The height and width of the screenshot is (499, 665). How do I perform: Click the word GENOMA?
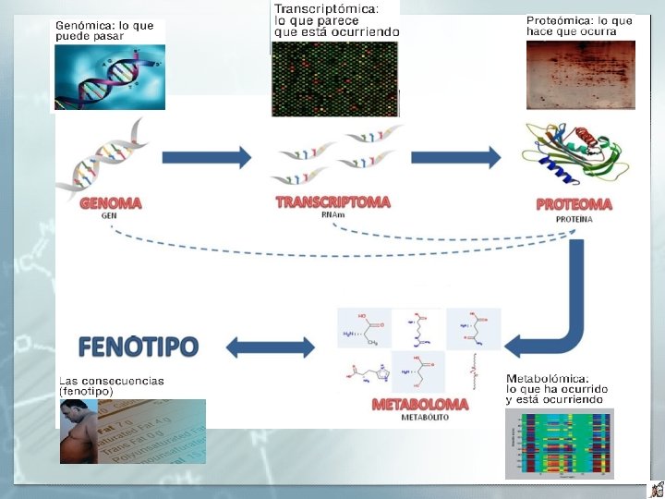click(x=110, y=203)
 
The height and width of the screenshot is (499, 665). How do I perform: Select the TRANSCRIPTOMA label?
click(x=332, y=201)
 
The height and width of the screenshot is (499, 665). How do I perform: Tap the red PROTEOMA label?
click(x=574, y=204)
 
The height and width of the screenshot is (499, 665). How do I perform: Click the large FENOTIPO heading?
click(x=138, y=347)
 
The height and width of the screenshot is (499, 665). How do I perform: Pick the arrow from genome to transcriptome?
click(x=206, y=157)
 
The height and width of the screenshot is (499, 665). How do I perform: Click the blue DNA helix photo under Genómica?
click(x=109, y=77)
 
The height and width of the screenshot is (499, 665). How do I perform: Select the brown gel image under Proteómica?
click(x=580, y=75)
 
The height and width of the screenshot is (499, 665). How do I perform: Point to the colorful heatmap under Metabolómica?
click(x=559, y=443)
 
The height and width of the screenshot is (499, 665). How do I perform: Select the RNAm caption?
click(x=332, y=215)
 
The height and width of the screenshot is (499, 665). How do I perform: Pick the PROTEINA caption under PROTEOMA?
click(x=574, y=220)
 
